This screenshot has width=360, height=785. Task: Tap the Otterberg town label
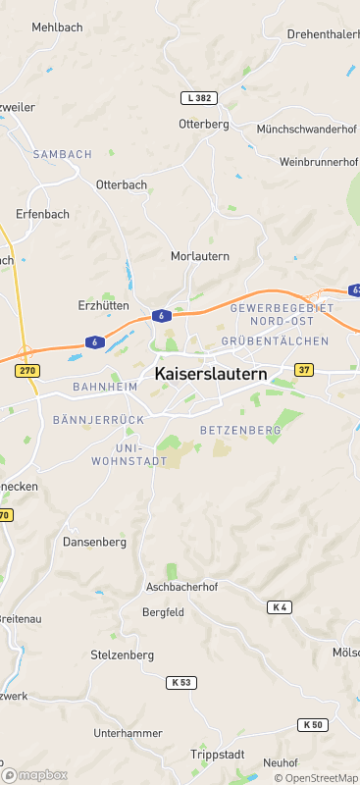[x=203, y=124]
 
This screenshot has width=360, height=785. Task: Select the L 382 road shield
[x=198, y=98]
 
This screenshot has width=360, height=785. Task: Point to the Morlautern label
[x=200, y=256]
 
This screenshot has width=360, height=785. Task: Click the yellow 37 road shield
[x=304, y=370]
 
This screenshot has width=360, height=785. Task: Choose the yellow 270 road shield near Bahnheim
[x=26, y=370]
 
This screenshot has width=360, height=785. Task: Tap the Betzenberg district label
[x=240, y=430]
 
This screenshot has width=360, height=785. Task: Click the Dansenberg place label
[x=95, y=542]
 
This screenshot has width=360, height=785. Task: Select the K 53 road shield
[x=181, y=682]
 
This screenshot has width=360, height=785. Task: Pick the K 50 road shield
[x=312, y=724]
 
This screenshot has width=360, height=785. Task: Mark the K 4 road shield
[x=280, y=607]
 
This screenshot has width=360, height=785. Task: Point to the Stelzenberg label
[x=122, y=654]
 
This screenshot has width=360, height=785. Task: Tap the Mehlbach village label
[x=57, y=27]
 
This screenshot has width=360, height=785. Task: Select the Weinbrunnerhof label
[x=319, y=161]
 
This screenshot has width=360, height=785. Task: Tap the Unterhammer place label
[x=127, y=733]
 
